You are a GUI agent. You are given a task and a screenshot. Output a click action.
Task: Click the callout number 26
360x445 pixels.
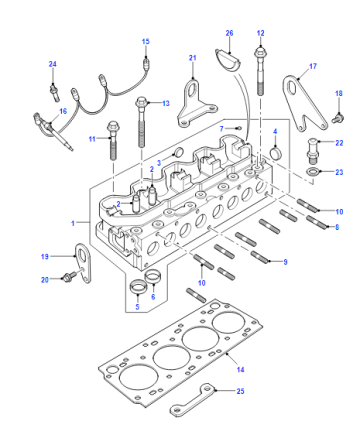(x=229, y=33)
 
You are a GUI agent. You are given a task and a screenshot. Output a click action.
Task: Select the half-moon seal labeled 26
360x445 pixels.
(x=227, y=60)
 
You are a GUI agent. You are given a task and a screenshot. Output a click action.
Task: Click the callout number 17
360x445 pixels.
(x=313, y=66)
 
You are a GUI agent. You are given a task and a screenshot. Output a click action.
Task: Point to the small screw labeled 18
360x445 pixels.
(x=338, y=118)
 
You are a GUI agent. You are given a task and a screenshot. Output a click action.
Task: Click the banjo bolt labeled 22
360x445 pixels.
(x=313, y=151)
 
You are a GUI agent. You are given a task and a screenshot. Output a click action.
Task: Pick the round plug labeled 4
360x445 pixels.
(x=276, y=154)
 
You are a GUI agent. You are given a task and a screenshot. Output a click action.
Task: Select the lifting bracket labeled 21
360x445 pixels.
(x=196, y=105)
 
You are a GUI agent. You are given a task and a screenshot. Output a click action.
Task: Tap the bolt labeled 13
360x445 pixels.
(x=142, y=122)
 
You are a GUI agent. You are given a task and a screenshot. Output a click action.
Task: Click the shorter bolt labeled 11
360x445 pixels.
(x=113, y=141)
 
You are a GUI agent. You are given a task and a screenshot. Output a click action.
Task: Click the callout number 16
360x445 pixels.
(x=63, y=111)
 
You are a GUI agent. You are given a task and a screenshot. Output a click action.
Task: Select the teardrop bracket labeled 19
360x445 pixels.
(x=84, y=263)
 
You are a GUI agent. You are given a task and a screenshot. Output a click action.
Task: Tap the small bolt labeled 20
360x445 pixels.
(x=69, y=276)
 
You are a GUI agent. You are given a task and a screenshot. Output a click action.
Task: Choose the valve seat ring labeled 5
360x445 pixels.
(x=137, y=288)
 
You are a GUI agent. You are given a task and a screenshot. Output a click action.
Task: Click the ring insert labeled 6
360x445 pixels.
(x=153, y=276)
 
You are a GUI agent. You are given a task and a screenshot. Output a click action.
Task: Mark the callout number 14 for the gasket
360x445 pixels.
(x=240, y=369)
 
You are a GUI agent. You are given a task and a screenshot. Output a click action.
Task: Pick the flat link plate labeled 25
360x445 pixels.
(x=193, y=400)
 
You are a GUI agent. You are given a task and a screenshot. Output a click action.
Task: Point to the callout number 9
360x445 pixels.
(x=285, y=262)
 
